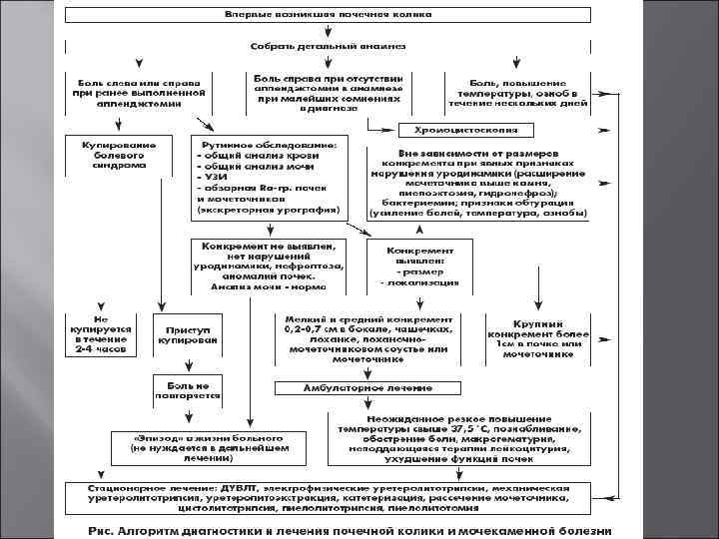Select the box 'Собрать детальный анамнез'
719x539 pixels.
pos(329,47)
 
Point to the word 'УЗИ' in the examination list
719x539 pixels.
pos(218,178)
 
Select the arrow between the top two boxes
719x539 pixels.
pos(329,32)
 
